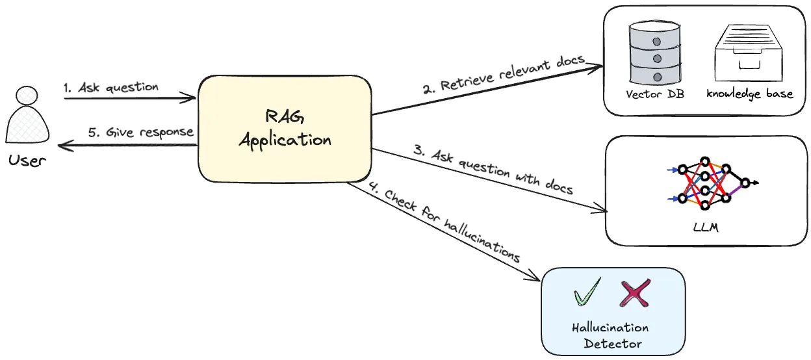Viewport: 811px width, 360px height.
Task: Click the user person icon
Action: point(27,116)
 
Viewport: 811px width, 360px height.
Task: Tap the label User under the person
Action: point(27,159)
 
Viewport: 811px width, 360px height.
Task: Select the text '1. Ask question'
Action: point(110,87)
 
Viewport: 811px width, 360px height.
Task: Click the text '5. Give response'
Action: point(140,132)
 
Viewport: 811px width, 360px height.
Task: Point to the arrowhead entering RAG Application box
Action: point(191,99)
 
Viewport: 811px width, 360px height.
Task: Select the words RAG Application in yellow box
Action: point(285,128)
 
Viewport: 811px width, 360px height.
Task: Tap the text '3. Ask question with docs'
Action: point(494,170)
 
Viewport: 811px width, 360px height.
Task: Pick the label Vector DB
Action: point(654,94)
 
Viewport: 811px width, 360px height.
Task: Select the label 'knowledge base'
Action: point(750,94)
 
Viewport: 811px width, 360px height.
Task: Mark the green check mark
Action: point(587,293)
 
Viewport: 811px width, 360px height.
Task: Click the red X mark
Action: point(634,293)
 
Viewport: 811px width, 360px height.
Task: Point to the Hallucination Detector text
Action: point(611,335)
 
